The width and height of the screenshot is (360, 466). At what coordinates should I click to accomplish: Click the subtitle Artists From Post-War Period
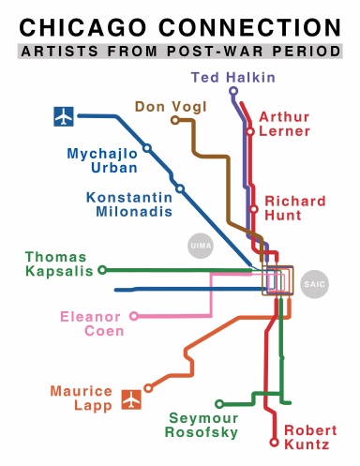(180, 53)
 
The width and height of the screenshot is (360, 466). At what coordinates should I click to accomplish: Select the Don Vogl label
(165, 106)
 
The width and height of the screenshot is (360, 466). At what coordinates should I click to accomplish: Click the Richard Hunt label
(294, 209)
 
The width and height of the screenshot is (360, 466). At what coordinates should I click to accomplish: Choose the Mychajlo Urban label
(102, 160)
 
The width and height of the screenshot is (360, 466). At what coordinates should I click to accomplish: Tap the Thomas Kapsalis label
(55, 264)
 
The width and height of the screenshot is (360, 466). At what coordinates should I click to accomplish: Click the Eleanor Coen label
(91, 323)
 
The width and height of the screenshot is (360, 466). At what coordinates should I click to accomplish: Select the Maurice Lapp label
(82, 398)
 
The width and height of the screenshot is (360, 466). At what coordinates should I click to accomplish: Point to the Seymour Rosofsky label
(203, 425)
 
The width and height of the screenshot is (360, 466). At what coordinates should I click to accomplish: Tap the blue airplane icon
(63, 117)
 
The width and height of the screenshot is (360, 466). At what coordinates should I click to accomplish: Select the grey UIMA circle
(199, 246)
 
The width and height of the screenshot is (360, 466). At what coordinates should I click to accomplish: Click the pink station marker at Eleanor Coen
(134, 316)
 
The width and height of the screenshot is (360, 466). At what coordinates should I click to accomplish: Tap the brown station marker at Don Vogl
(175, 120)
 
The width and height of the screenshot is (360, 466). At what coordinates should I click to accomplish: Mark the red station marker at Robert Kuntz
(274, 441)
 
